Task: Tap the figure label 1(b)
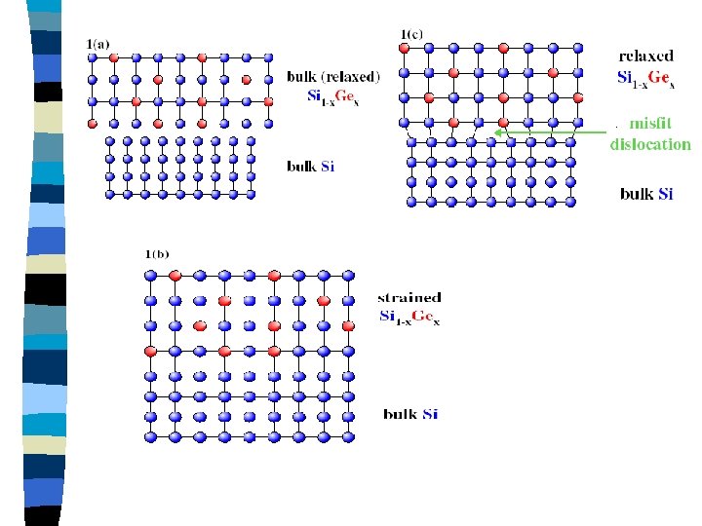pyautogui.click(x=156, y=255)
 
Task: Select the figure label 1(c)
pyautogui.click(x=411, y=35)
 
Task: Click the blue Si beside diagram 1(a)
pyautogui.click(x=327, y=167)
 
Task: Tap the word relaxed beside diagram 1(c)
pyautogui.click(x=646, y=56)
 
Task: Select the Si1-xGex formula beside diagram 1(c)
pyautogui.click(x=646, y=79)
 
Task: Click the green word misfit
pyautogui.click(x=650, y=124)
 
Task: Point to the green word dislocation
pyautogui.click(x=650, y=144)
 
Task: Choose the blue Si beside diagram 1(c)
pyautogui.click(x=665, y=194)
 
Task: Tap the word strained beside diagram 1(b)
pyautogui.click(x=409, y=297)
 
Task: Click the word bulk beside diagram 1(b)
pyautogui.click(x=400, y=414)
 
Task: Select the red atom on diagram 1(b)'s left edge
pyautogui.click(x=150, y=351)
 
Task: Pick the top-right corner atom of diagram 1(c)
pyautogui.click(x=578, y=47)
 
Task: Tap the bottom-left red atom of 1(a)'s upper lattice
pyautogui.click(x=93, y=124)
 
